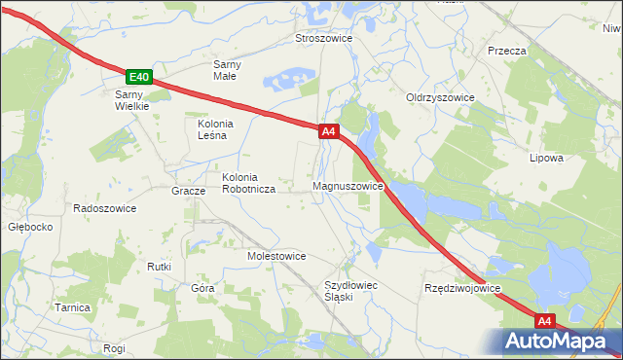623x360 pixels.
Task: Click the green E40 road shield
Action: pyautogui.click(x=139, y=77)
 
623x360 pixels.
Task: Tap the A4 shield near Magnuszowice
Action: pyautogui.click(x=328, y=130)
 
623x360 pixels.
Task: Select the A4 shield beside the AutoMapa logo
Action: pyautogui.click(x=545, y=320)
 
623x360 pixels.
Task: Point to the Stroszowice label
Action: pyautogui.click(x=323, y=38)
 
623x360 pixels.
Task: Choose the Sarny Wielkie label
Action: pyautogui.click(x=131, y=100)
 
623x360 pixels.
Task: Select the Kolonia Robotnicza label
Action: pyautogui.click(x=250, y=183)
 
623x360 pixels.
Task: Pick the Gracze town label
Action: pyautogui.click(x=188, y=191)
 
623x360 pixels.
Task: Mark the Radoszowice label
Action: pyautogui.click(x=104, y=208)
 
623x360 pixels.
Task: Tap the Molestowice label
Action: pyautogui.click(x=276, y=256)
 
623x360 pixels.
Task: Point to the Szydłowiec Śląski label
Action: pyautogui.click(x=350, y=291)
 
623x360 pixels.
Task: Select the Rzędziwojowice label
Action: pyautogui.click(x=461, y=289)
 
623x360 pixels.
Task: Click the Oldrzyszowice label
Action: pyautogui.click(x=440, y=98)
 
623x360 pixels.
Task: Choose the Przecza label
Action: pyautogui.click(x=507, y=51)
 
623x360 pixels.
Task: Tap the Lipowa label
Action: pyautogui.click(x=546, y=157)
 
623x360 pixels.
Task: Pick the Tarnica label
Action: pyautogui.click(x=72, y=307)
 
